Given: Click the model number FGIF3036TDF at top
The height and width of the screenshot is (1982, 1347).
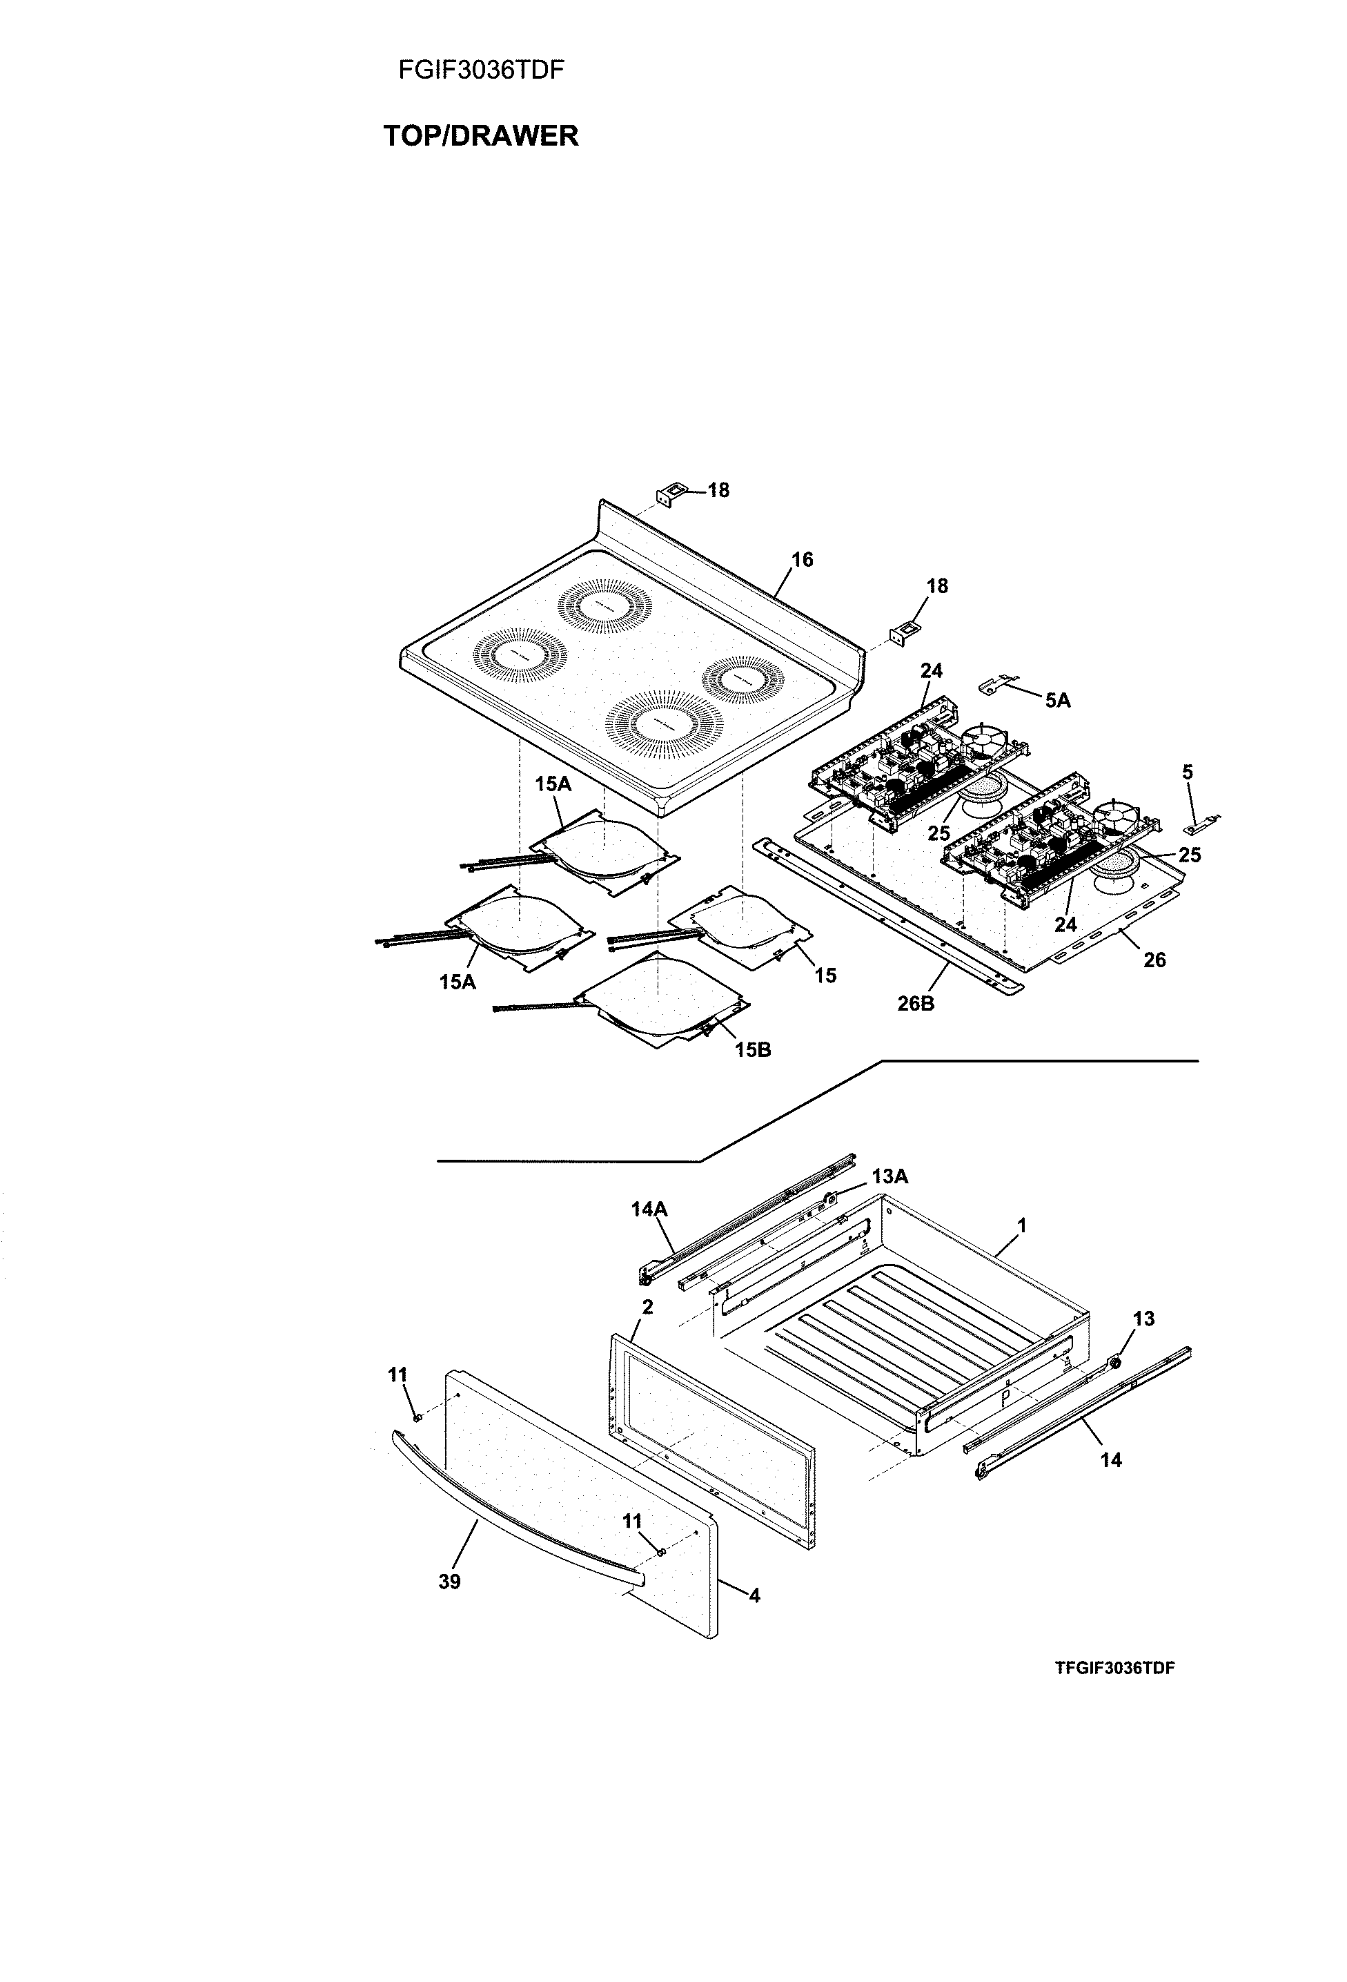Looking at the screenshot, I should point(481,70).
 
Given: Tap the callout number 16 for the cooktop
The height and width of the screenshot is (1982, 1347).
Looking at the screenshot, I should point(803,559).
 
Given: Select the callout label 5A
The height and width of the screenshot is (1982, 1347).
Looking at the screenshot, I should point(1057,700).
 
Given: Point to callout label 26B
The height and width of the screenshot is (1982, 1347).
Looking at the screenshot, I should point(916,1004).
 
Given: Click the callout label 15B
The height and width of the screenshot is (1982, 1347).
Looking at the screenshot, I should point(753,1050).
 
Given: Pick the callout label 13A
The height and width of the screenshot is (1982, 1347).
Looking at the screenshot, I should point(889,1177).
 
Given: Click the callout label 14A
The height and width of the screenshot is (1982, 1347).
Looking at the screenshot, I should point(649,1209).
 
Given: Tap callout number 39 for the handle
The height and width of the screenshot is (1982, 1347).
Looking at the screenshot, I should point(449,1582).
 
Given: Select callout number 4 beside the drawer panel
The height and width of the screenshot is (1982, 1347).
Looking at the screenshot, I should point(754,1595).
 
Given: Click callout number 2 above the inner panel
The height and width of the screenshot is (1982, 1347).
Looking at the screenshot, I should point(647,1307).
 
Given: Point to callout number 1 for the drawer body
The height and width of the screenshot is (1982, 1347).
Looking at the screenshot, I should point(1021,1225).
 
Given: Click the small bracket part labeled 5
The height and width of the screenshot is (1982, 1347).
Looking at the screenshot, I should point(1201,825).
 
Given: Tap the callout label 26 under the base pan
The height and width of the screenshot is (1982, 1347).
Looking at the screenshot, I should point(1154,960).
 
